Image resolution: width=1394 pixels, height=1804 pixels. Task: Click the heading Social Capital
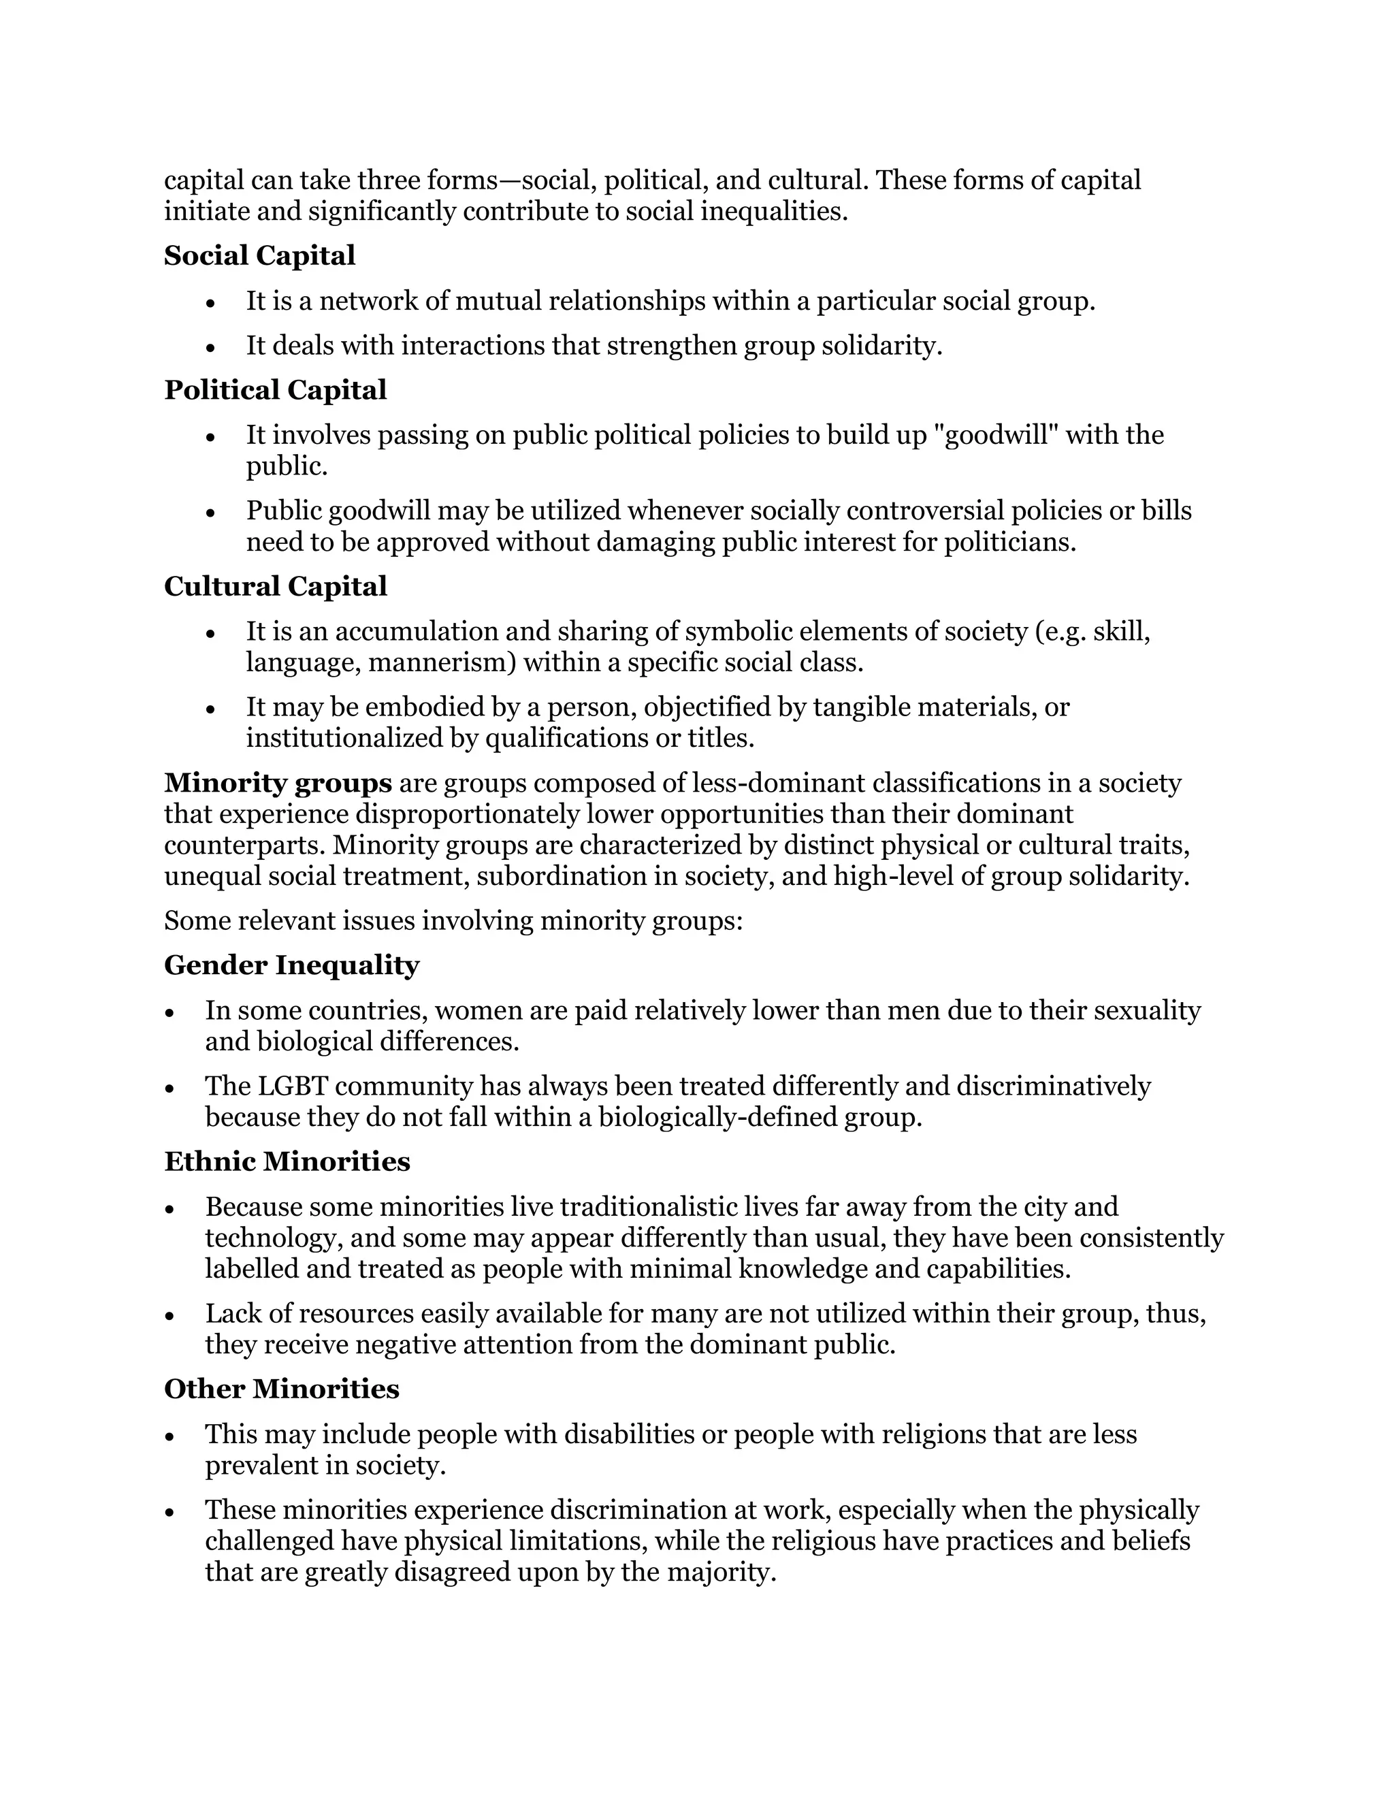tap(259, 256)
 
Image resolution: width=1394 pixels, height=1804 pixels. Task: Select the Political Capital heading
tap(275, 390)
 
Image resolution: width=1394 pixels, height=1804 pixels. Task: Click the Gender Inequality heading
tap(291, 965)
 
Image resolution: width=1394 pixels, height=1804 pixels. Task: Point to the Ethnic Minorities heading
tap(287, 1161)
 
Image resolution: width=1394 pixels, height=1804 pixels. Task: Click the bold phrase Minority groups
tap(278, 783)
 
